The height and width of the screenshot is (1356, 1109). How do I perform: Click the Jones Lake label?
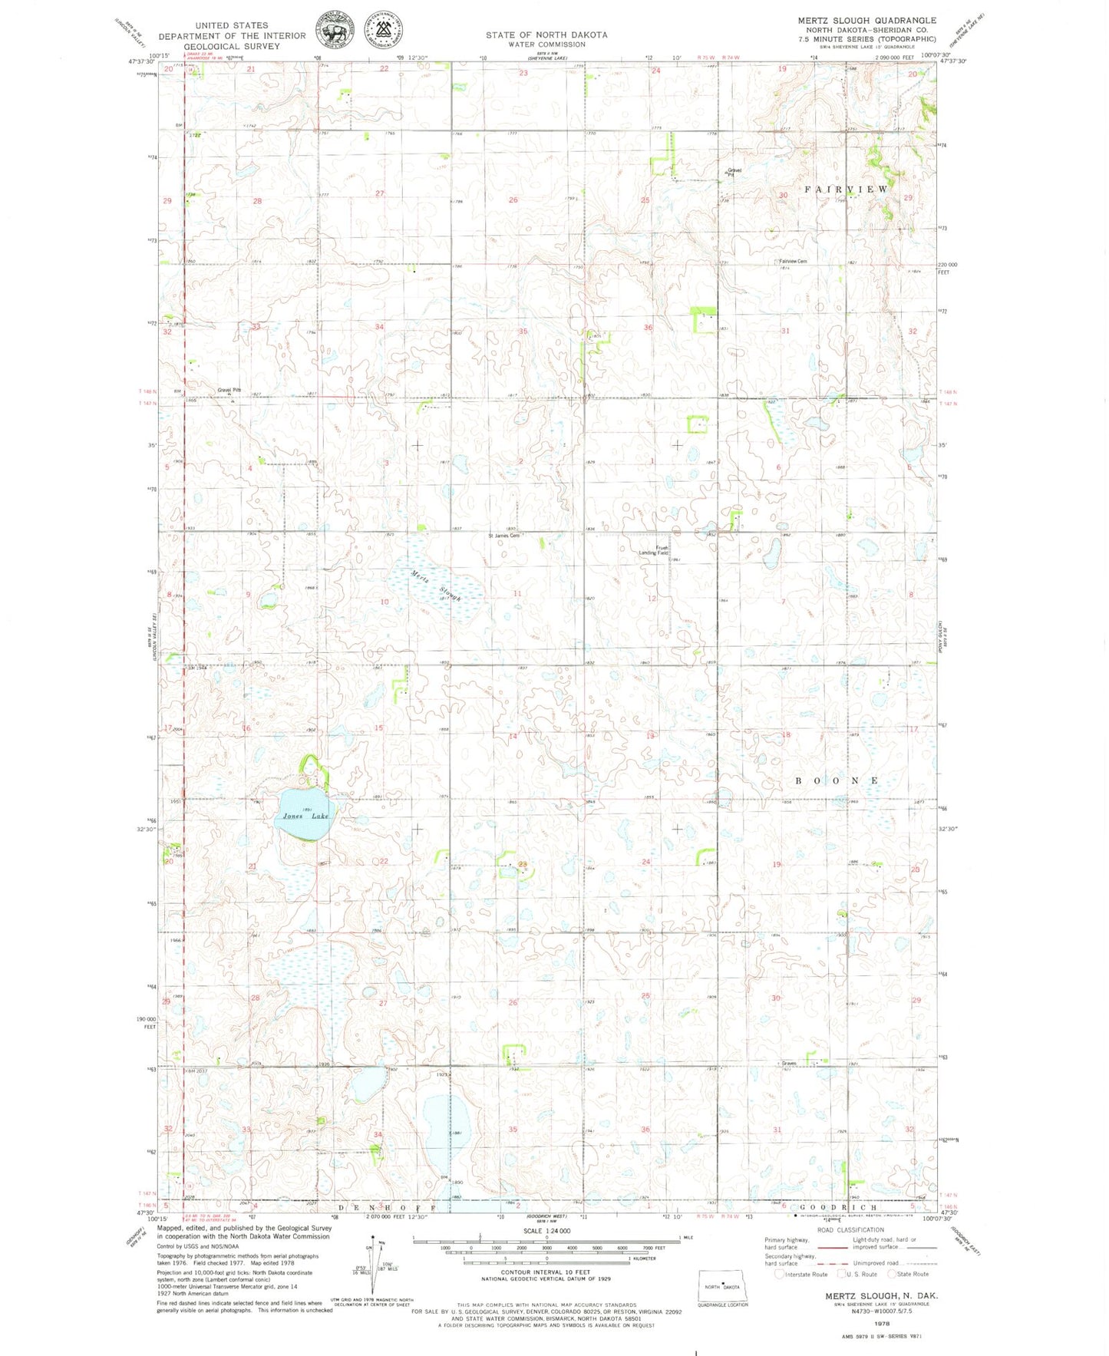coord(305,816)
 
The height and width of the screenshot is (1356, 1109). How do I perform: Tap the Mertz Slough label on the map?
coord(435,586)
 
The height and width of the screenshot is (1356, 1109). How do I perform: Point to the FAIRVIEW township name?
coord(846,189)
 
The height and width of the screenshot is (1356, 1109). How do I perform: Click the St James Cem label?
coord(504,536)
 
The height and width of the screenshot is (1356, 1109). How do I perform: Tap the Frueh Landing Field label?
coord(655,550)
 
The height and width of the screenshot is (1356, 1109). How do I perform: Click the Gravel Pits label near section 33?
coord(229,390)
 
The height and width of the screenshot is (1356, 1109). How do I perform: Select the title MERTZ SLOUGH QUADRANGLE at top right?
coord(866,21)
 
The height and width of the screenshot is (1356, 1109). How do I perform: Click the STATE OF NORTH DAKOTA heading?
coord(546,35)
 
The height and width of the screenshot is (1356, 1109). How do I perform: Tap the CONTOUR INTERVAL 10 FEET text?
coord(546,1273)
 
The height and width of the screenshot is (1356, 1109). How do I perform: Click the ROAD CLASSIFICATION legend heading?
coord(850,1229)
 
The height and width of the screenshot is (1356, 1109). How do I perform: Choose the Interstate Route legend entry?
coord(801,1274)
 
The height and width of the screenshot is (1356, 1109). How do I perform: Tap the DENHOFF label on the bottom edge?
coord(388,1208)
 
